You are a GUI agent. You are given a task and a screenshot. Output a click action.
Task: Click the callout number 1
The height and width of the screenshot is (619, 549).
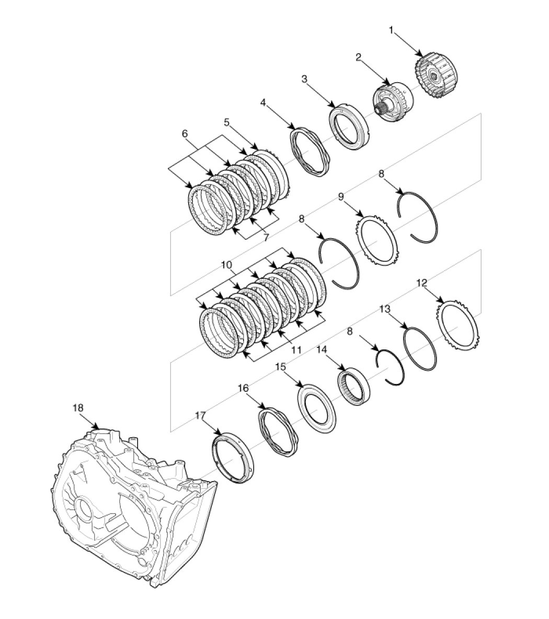(391, 30)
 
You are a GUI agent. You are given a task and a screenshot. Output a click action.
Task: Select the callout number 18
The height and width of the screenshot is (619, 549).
(78, 408)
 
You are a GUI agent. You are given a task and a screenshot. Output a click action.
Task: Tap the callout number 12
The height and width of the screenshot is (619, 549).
(422, 283)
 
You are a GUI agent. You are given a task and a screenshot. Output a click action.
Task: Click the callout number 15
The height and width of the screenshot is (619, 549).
(280, 367)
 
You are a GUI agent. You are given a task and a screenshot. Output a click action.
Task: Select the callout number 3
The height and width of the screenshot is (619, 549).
(304, 79)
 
